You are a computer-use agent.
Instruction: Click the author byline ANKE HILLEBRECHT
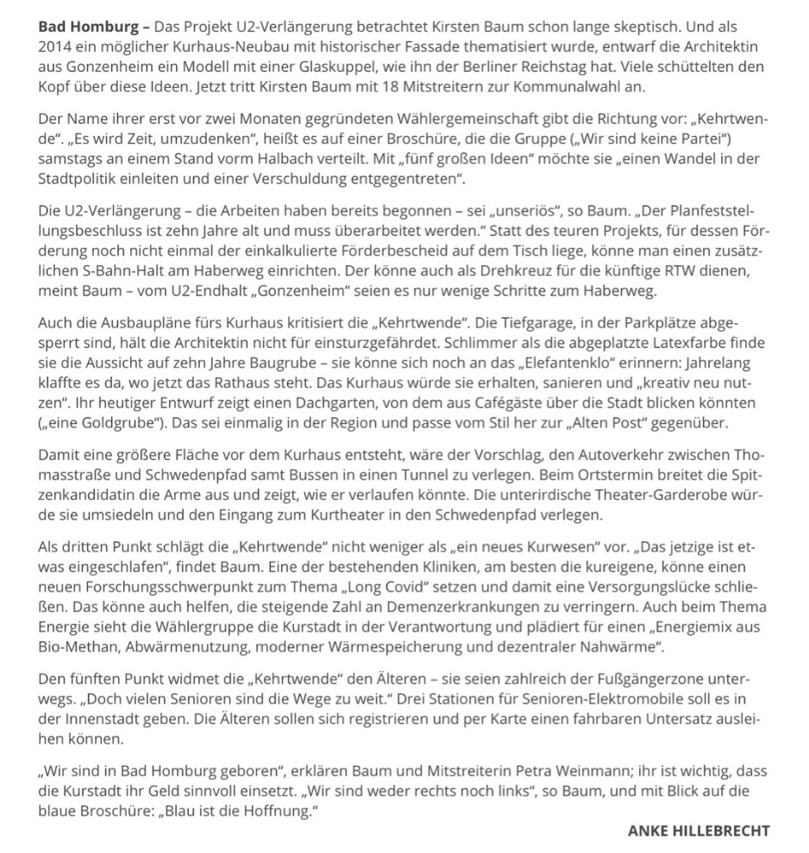(x=699, y=831)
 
